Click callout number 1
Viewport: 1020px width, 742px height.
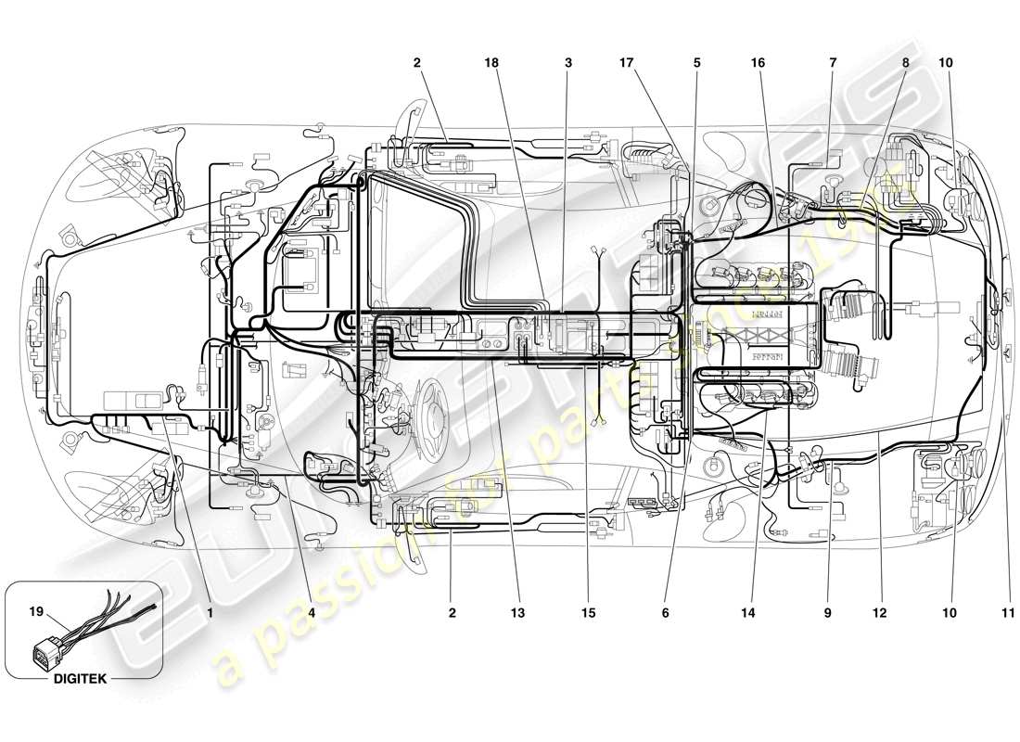pos(210,612)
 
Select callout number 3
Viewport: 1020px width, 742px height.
pos(568,62)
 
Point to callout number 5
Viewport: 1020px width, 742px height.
pos(696,62)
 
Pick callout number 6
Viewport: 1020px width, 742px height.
pos(666,612)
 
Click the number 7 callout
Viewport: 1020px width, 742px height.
pos(833,62)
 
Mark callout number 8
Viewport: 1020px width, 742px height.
pos(906,62)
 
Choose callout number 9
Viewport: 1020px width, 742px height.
pos(827,612)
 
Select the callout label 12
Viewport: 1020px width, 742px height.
pos(879,612)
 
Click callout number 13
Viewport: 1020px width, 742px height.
pos(516,612)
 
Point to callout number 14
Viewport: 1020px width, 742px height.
pos(748,612)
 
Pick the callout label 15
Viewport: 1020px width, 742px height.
pos(589,612)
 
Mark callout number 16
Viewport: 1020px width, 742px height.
pos(759,62)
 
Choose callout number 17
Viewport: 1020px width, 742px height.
pos(627,62)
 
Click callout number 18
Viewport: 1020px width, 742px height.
pos(491,62)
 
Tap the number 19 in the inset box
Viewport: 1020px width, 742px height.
pos(37,612)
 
